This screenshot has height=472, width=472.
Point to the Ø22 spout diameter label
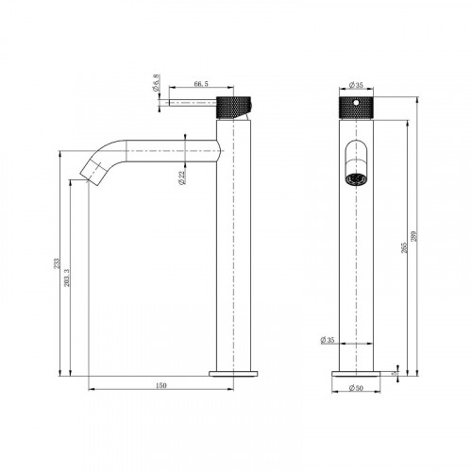(x=182, y=175)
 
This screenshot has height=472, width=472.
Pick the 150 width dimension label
(x=160, y=385)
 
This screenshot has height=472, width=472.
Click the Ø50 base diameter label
(x=356, y=387)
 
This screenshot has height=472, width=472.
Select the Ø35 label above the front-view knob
(x=355, y=83)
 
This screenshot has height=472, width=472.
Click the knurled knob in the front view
(x=356, y=105)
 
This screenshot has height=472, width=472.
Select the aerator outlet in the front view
(x=356, y=179)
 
